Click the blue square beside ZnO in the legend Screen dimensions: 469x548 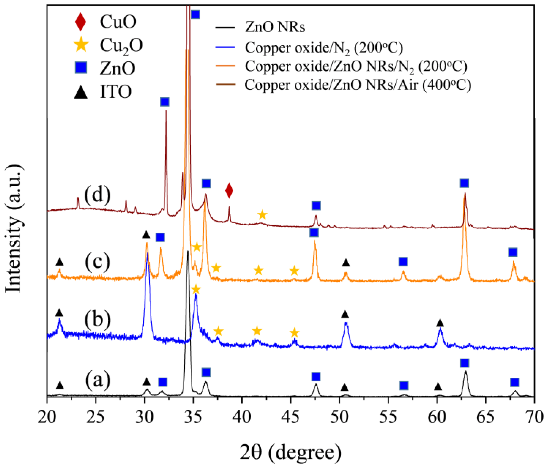pyautogui.click(x=81, y=68)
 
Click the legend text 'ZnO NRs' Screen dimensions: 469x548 pyautogui.click(x=275, y=27)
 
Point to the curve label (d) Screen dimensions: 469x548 pyautogui.click(x=97, y=196)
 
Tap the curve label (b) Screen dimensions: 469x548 pyautogui.click(x=97, y=320)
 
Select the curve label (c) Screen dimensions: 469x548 pyautogui.click(x=97, y=262)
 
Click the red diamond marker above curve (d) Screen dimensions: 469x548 pyautogui.click(x=229, y=190)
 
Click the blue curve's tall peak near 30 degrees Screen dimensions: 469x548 pyautogui.click(x=147, y=254)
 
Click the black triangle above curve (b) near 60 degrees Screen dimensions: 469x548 pyautogui.click(x=440, y=323)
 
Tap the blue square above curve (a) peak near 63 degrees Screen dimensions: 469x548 pyautogui.click(x=464, y=363)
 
